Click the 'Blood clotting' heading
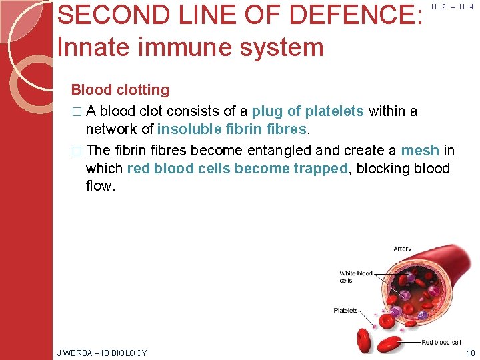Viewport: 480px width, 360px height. (x=120, y=90)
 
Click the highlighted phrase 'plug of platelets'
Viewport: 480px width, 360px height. (x=307, y=111)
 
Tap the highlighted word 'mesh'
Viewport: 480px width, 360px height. (x=420, y=151)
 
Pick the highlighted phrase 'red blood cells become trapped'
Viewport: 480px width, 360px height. (x=237, y=169)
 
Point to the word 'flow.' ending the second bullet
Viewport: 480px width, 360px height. (x=101, y=187)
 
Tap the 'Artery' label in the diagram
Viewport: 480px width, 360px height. (x=402, y=249)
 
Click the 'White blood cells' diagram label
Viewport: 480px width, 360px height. (x=355, y=277)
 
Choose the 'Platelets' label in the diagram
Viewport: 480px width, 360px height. (x=345, y=311)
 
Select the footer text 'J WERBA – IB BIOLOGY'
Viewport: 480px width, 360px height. (x=102, y=353)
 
